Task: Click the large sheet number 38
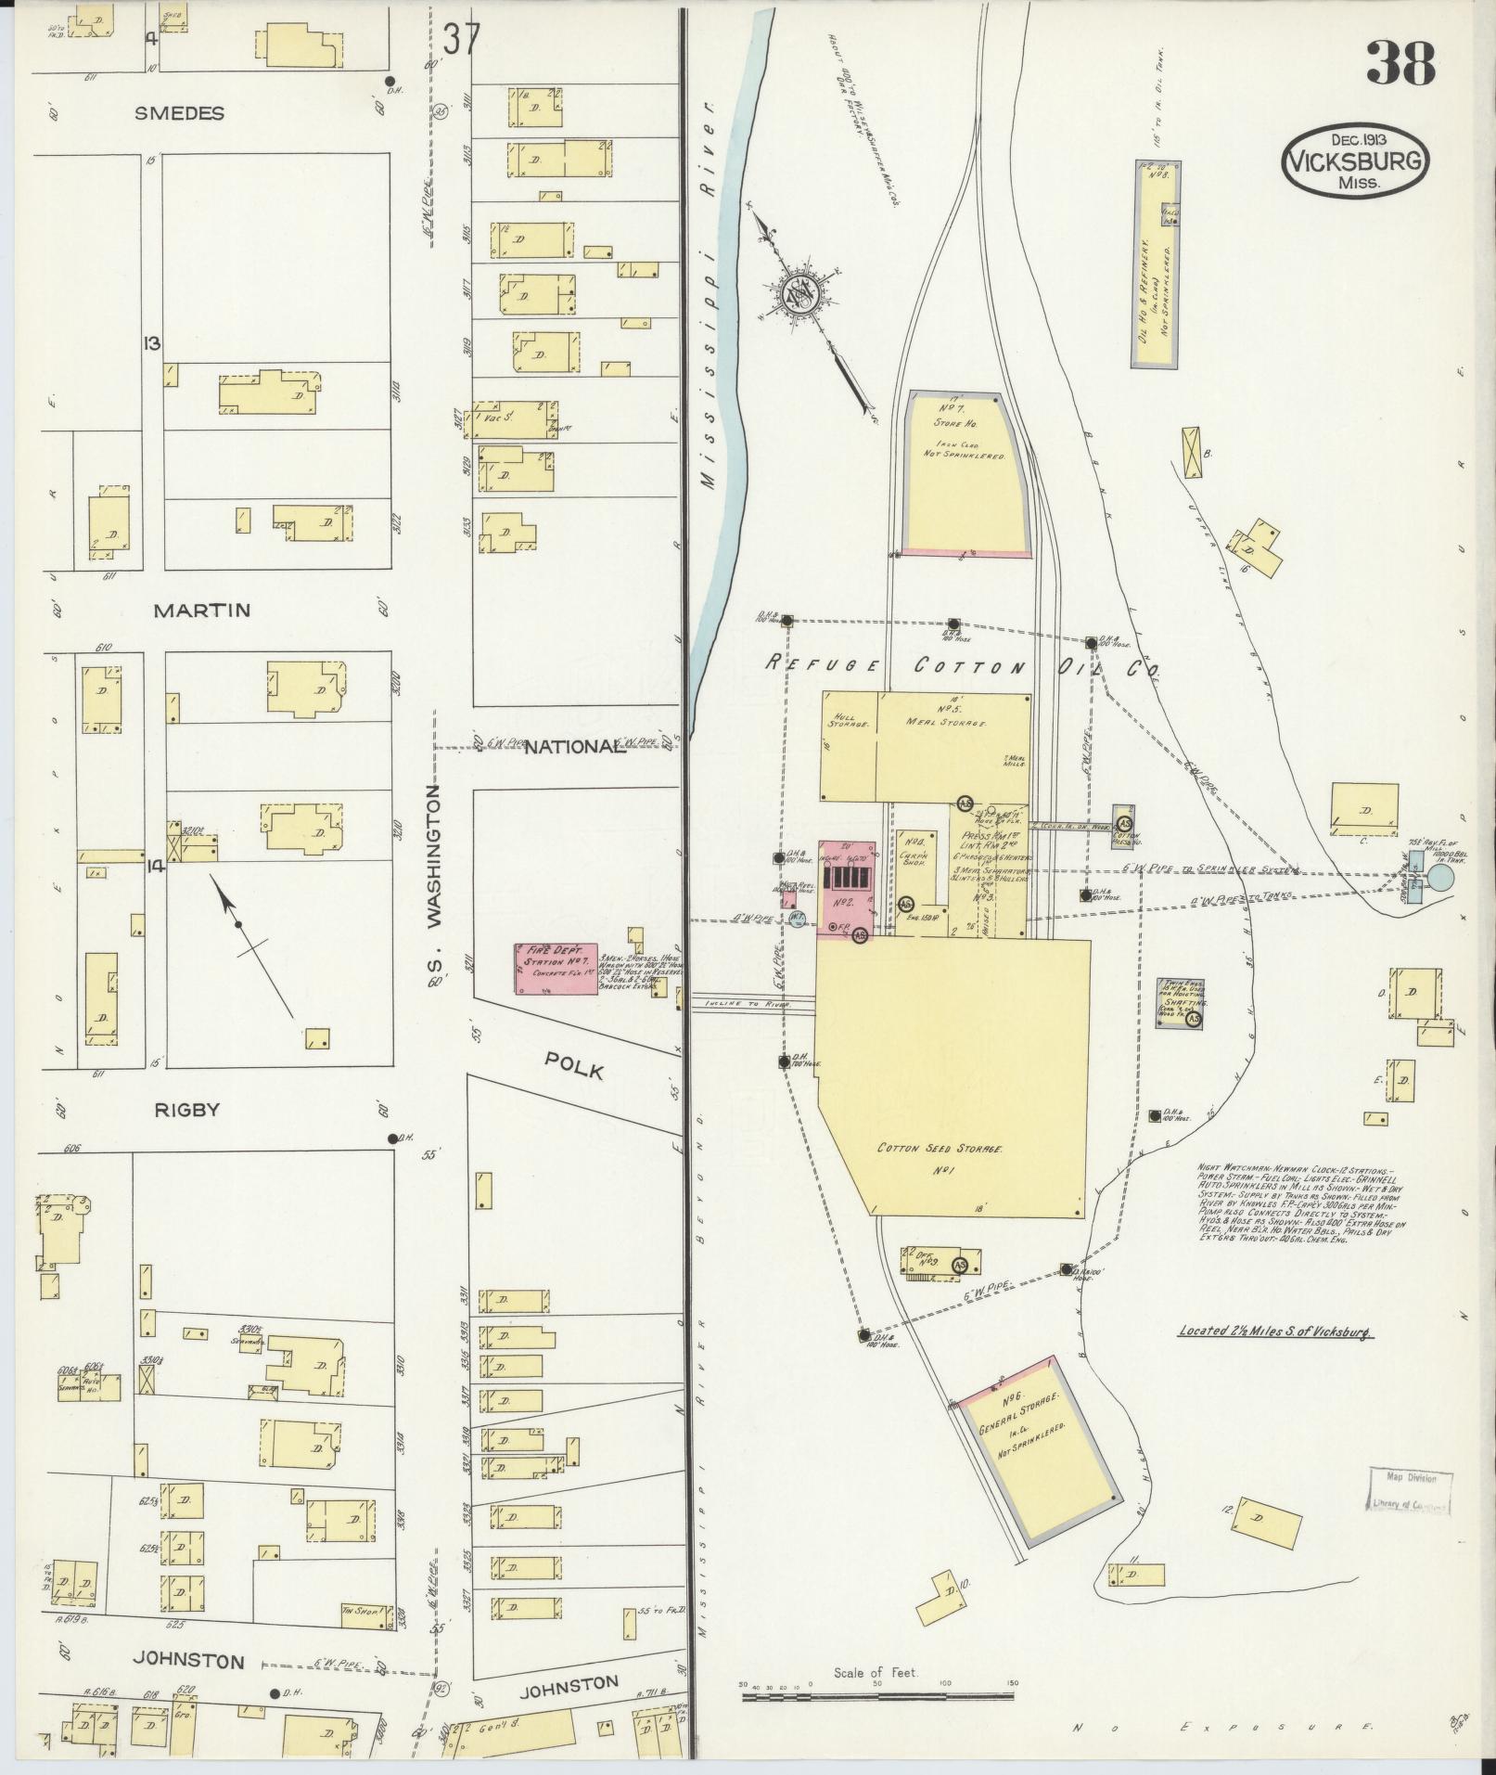1400,64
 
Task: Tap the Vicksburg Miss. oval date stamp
1355,160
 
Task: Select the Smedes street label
179,113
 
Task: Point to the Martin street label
202,611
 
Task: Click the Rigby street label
188,1109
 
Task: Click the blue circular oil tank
1440,877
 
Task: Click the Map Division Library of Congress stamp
1408,1492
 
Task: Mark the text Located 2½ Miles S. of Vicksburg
1274,1331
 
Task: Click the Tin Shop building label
362,1611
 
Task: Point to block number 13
151,343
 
